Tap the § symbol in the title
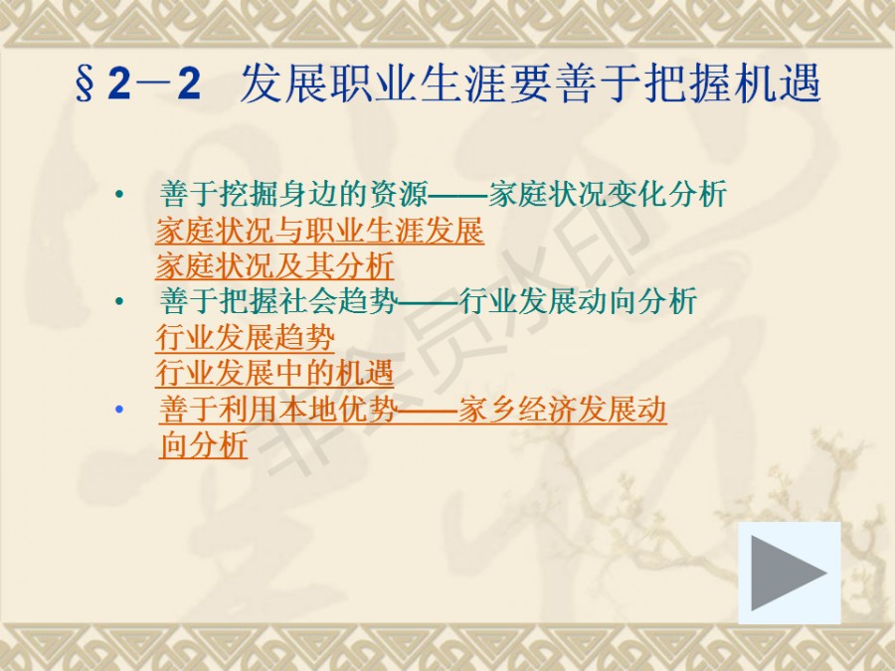point(84,84)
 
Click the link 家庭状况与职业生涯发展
point(319,230)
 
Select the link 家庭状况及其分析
point(274,265)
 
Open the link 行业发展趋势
point(245,337)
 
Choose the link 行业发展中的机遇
point(274,373)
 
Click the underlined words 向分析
point(204,445)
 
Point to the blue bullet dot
point(119,410)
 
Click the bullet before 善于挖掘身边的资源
point(119,195)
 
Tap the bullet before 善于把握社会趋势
point(119,301)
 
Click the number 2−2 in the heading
point(155,84)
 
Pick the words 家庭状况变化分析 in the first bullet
point(608,194)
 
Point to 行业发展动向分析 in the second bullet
point(578,301)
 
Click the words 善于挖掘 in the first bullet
point(219,194)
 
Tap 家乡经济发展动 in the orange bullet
point(562,410)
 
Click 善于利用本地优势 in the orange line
point(278,410)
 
